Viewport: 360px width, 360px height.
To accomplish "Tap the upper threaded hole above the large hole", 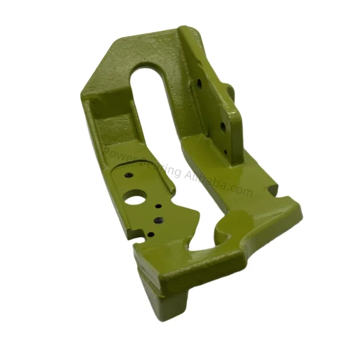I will [128, 175].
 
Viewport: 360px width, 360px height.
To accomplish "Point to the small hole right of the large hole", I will [158, 206].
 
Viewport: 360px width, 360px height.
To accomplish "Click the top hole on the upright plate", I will [198, 83].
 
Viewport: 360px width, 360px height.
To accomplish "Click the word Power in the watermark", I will [118, 155].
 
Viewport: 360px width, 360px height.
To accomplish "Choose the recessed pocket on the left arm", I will [103, 119].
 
